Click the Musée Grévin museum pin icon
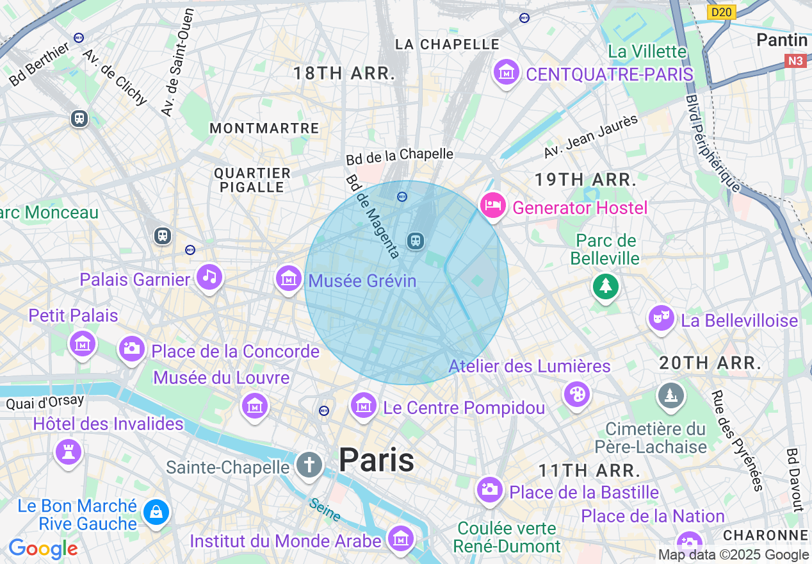288,279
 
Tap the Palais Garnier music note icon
209,278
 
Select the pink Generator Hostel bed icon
493,206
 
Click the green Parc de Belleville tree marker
605,285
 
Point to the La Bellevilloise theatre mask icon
661,318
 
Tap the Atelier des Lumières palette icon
577,394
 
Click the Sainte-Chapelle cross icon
309,465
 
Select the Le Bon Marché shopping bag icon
156,512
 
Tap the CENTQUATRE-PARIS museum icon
507,72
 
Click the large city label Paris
377,460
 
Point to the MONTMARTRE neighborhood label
264,128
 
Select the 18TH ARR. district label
344,74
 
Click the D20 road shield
722,12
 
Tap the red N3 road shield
796,61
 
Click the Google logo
43,549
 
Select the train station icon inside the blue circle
416,241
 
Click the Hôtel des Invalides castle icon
69,451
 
